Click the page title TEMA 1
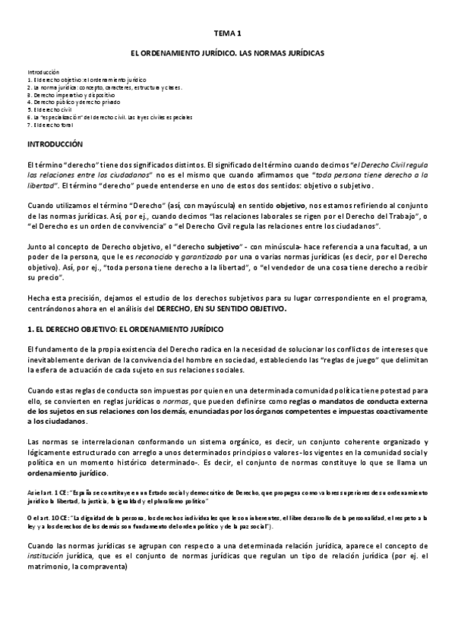[226, 34]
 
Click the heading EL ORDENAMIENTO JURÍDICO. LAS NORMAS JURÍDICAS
[226, 55]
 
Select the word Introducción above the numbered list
[43, 71]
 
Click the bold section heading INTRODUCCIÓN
[55, 144]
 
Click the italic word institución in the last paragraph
[47, 556]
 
